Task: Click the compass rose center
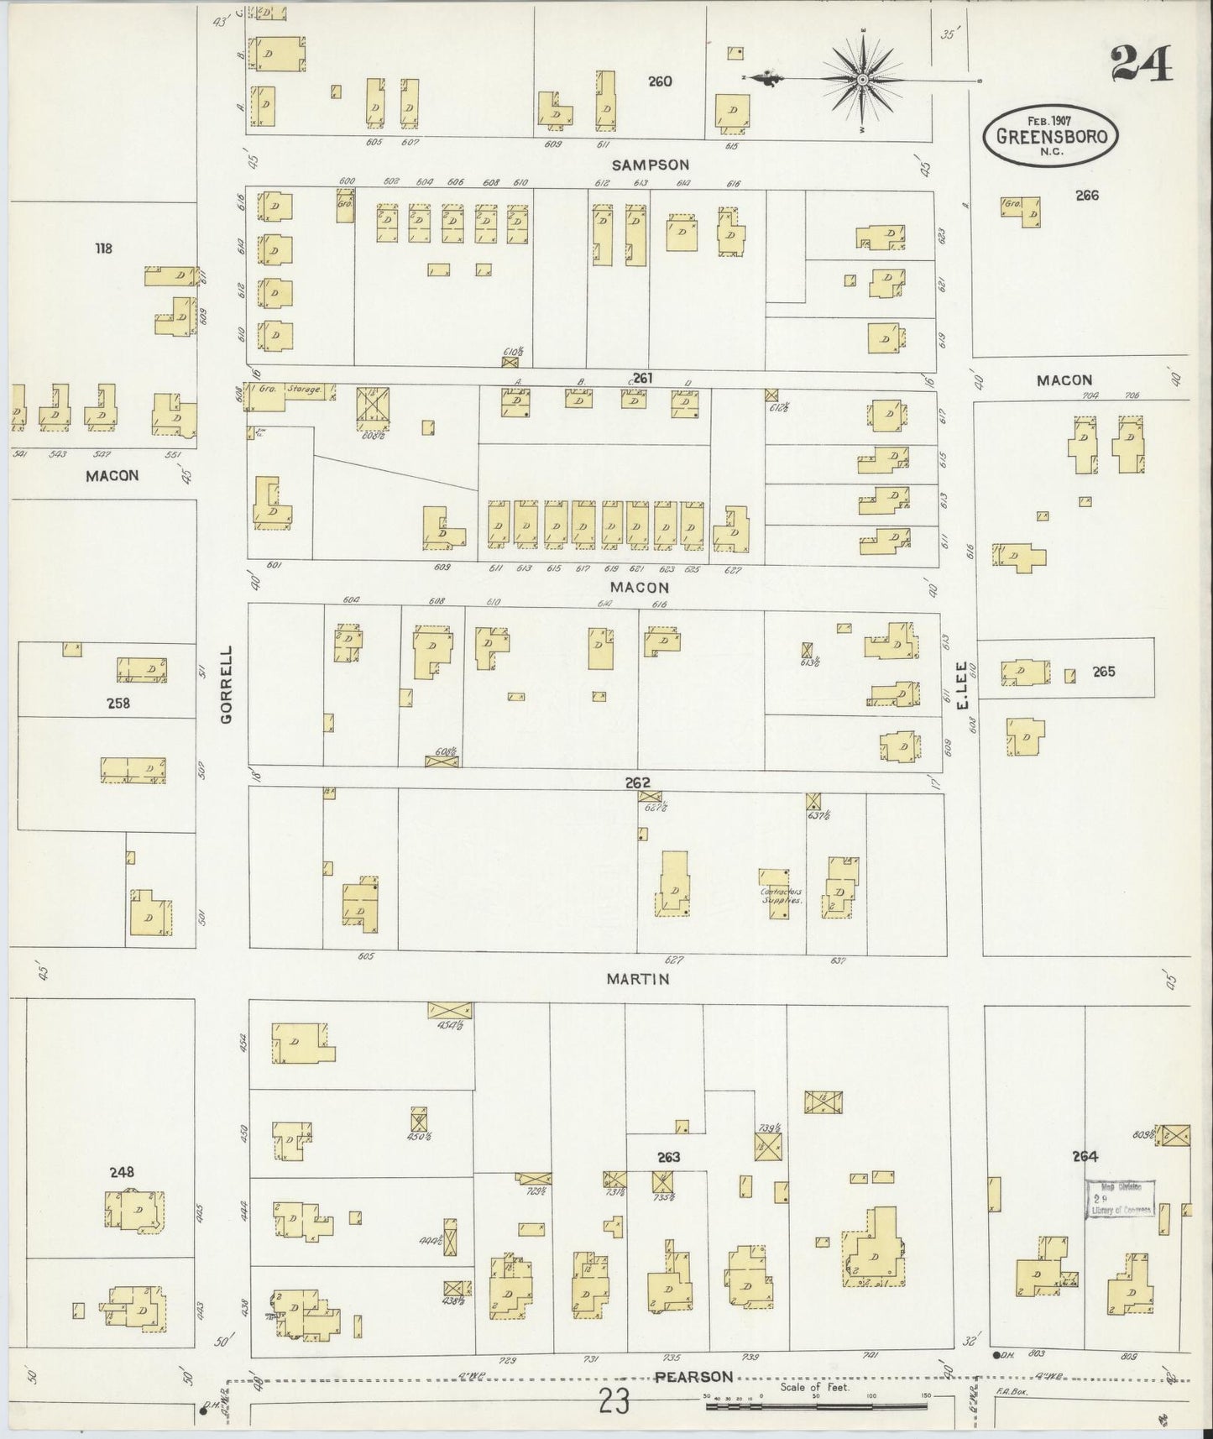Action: (862, 80)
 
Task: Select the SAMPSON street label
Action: (651, 165)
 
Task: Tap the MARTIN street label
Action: (640, 979)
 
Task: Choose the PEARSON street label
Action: (693, 1377)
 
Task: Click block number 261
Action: (643, 379)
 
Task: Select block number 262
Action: (637, 783)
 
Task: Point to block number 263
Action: (669, 1158)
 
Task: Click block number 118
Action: (103, 249)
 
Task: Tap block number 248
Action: (122, 1172)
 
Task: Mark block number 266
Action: (1087, 196)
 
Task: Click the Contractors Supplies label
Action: (781, 895)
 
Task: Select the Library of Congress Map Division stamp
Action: (1121, 1199)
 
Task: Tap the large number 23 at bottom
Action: (614, 1402)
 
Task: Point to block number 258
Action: (118, 704)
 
